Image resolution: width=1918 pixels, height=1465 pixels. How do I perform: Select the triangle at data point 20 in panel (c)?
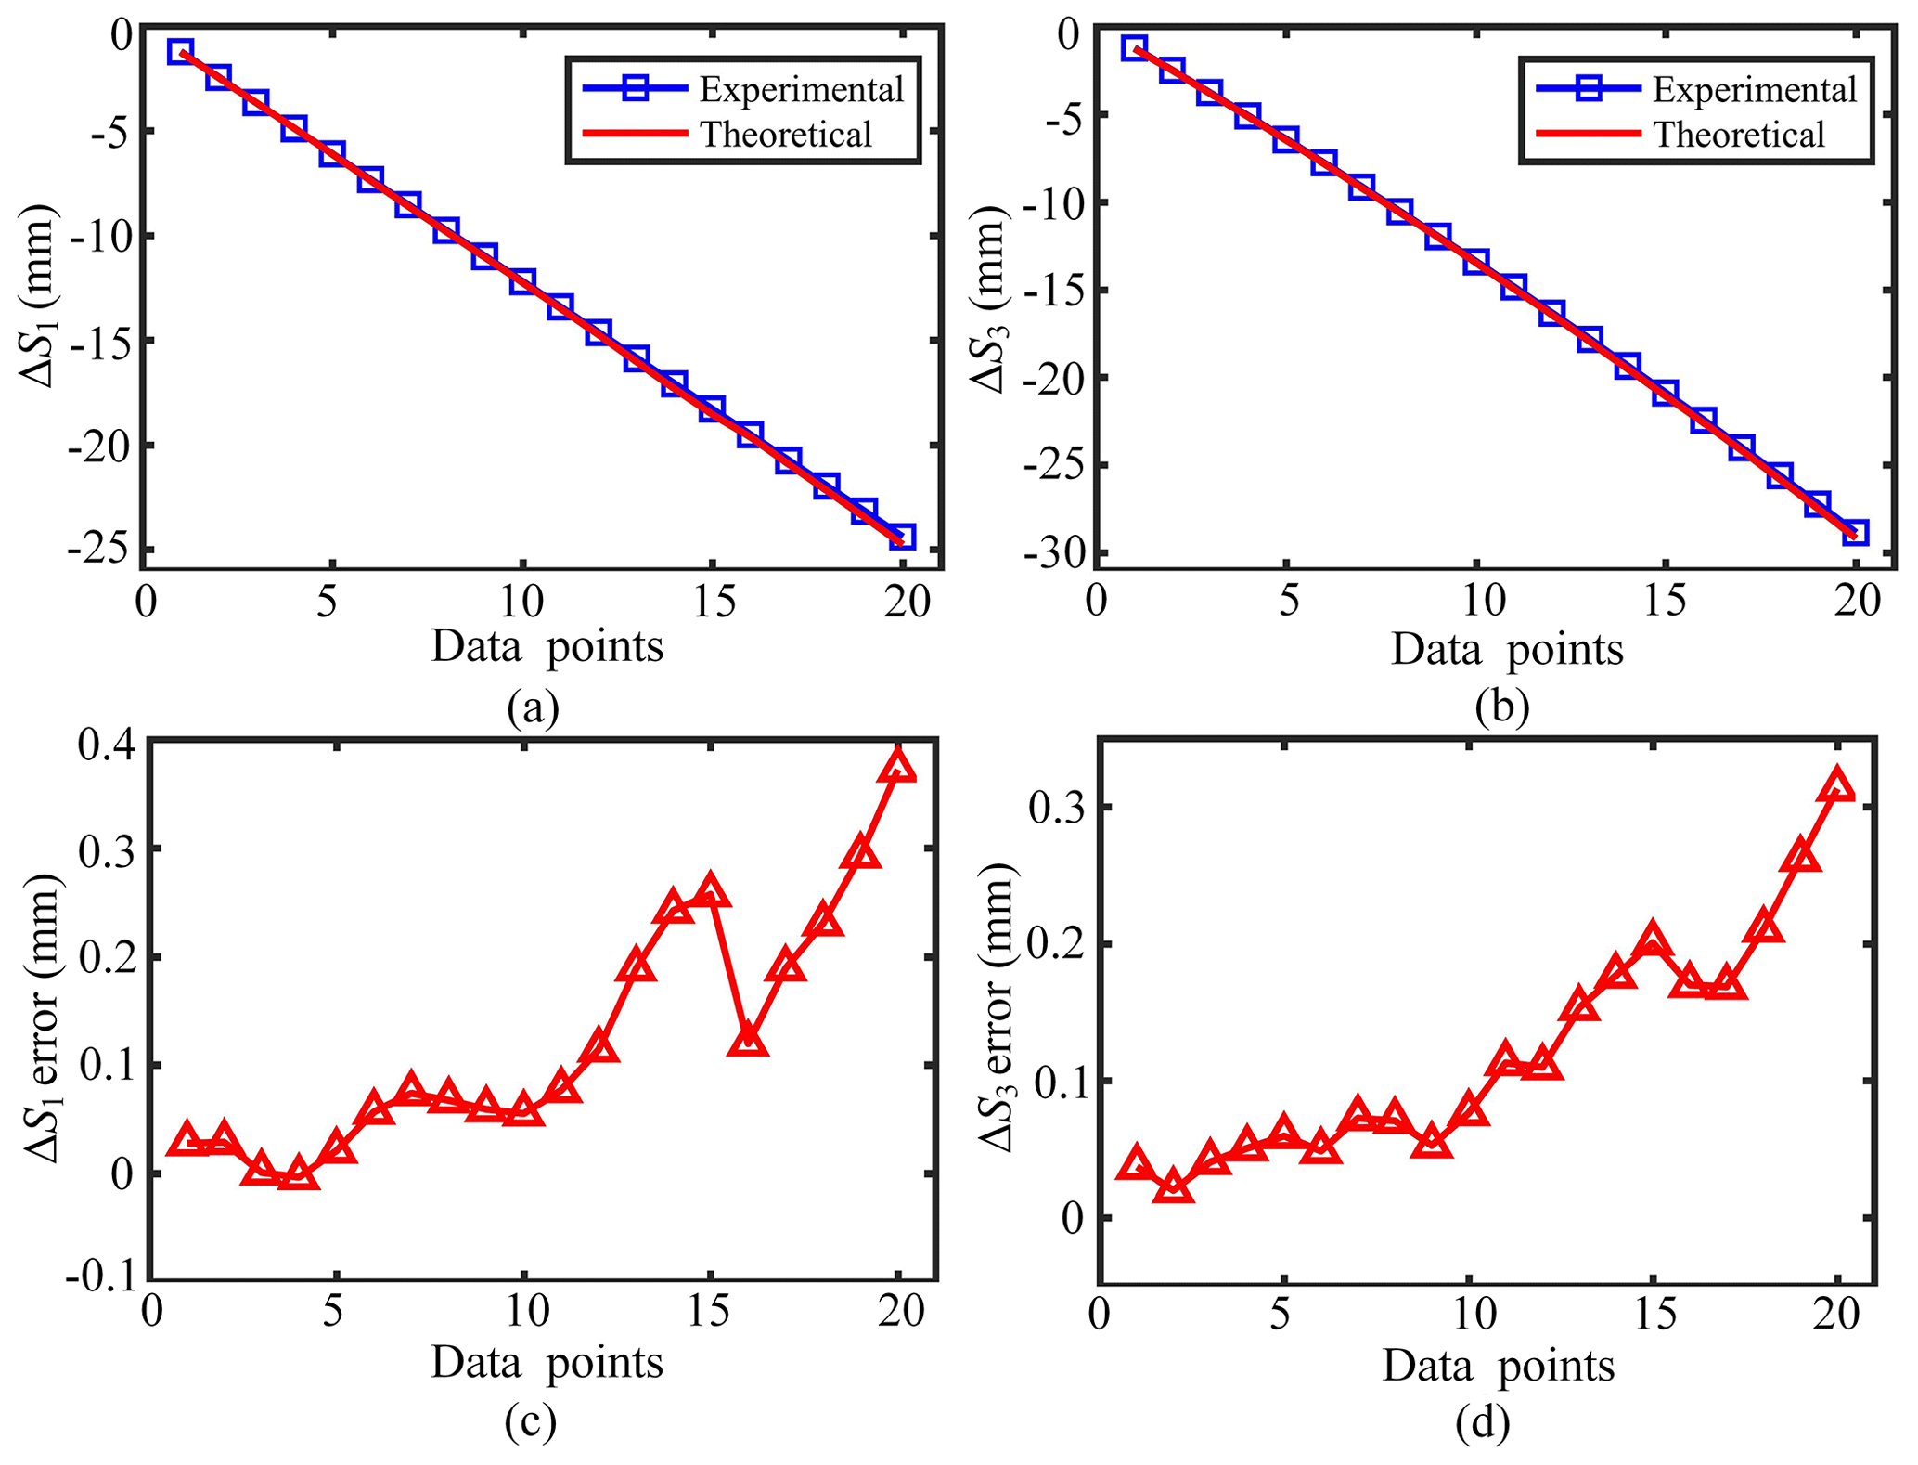pyautogui.click(x=898, y=766)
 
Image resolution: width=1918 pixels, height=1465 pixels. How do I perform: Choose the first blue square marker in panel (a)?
pyautogui.click(x=180, y=51)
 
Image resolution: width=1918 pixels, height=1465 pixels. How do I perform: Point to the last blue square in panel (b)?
pyautogui.click(x=1854, y=532)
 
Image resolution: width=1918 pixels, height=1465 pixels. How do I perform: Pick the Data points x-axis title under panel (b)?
pyautogui.click(x=1506, y=650)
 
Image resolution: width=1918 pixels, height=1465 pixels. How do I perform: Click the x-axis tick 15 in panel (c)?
pyautogui.click(x=712, y=1312)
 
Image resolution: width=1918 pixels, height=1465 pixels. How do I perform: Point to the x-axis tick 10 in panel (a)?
pyautogui.click(x=521, y=602)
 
